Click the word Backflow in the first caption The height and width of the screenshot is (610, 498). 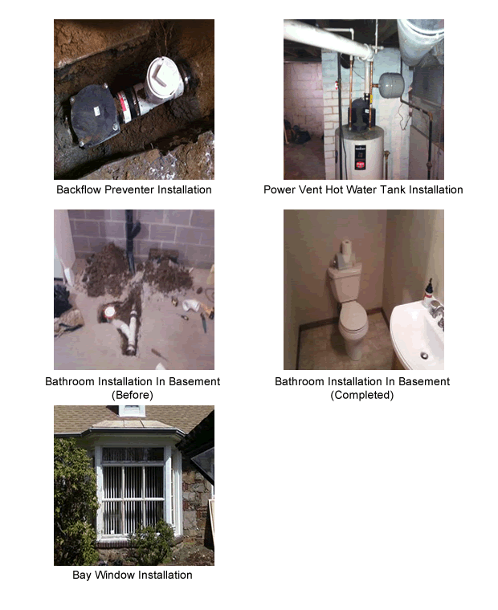(x=80, y=190)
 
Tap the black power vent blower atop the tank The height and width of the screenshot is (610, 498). (x=359, y=108)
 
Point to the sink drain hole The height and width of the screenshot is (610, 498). (x=424, y=355)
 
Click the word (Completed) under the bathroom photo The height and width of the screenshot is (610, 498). (x=362, y=396)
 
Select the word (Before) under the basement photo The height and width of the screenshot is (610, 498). (x=133, y=396)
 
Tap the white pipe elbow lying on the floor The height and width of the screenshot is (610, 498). (x=191, y=306)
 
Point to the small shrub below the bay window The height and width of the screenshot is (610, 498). (x=153, y=542)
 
